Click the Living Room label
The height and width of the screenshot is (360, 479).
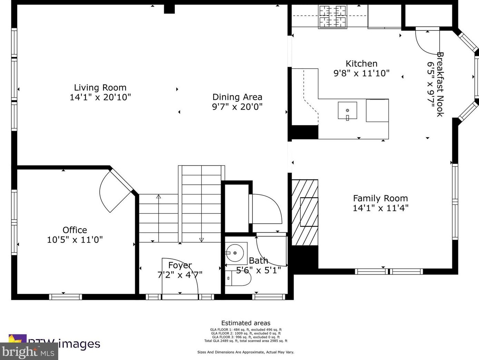[x=100, y=88]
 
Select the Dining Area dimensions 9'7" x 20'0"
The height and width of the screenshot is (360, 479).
[x=237, y=107]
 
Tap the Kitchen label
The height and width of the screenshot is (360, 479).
[x=361, y=64]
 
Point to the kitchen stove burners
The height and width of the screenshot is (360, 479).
[x=332, y=17]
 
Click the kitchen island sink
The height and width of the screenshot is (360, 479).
[x=347, y=111]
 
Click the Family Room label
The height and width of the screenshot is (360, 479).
[x=380, y=198]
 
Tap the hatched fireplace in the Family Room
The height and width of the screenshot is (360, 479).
[x=305, y=212]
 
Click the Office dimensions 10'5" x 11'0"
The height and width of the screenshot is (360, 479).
[x=75, y=240]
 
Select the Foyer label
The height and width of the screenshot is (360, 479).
[x=180, y=265]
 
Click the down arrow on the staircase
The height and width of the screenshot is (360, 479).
[x=202, y=240]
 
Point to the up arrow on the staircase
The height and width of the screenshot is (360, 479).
[x=159, y=197]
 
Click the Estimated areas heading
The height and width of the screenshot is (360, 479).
[x=246, y=323]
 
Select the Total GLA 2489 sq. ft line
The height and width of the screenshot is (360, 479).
[x=246, y=341]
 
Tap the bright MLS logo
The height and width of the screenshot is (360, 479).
[x=29, y=352]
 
